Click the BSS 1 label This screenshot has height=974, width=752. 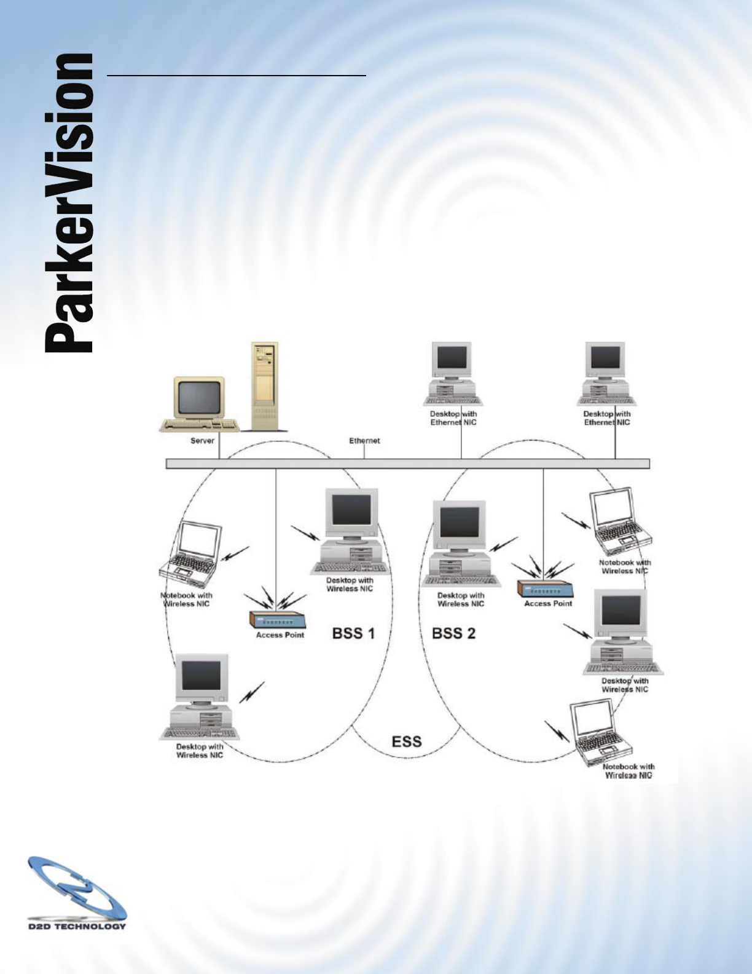(353, 633)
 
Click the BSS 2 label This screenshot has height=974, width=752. (453, 633)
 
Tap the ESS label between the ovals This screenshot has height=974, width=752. (407, 741)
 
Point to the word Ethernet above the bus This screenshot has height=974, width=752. (364, 440)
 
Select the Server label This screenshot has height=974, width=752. (202, 440)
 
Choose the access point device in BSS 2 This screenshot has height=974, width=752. (545, 588)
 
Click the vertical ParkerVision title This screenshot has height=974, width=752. (69, 203)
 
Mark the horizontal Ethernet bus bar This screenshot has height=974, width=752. (407, 464)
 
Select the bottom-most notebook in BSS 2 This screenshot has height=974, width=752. (598, 732)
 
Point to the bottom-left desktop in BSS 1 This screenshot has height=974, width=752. (200, 698)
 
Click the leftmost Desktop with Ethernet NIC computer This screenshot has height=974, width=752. (453, 374)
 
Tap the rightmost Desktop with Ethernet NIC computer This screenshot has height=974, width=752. (606, 374)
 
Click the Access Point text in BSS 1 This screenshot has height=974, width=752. (280, 635)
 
